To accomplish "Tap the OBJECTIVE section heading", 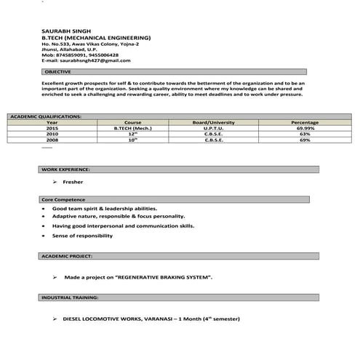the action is click(x=57, y=73).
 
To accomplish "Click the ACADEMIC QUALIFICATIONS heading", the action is click(x=46, y=116).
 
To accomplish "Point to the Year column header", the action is click(x=52, y=122).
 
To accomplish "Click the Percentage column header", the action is click(x=305, y=122).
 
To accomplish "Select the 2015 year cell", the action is click(x=52, y=128).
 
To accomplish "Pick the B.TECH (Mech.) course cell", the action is click(x=132, y=128).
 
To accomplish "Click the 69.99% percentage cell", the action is click(x=305, y=128).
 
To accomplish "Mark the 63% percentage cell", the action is click(x=305, y=134).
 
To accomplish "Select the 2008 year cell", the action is click(x=52, y=140).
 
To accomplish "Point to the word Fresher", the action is click(x=73, y=182).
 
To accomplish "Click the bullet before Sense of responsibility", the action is click(x=45, y=236).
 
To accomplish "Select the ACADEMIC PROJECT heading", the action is click(x=67, y=257).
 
